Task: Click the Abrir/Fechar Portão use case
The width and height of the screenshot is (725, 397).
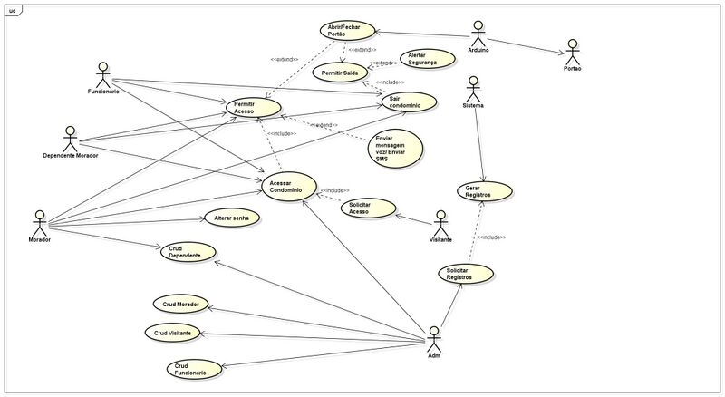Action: pyautogui.click(x=347, y=30)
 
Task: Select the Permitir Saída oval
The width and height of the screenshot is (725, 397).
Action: pyautogui.click(x=340, y=71)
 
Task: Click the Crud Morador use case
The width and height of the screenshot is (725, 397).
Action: pyautogui.click(x=180, y=304)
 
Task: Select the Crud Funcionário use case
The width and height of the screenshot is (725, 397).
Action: pyautogui.click(x=191, y=368)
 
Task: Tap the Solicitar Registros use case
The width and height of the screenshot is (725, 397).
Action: pyautogui.click(x=465, y=272)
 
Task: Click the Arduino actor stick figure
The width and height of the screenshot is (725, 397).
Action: pyautogui.click(x=479, y=34)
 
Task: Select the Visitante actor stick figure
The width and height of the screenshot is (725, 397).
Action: pyautogui.click(x=440, y=223)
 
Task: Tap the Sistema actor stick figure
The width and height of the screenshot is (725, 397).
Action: pyautogui.click(x=472, y=88)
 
